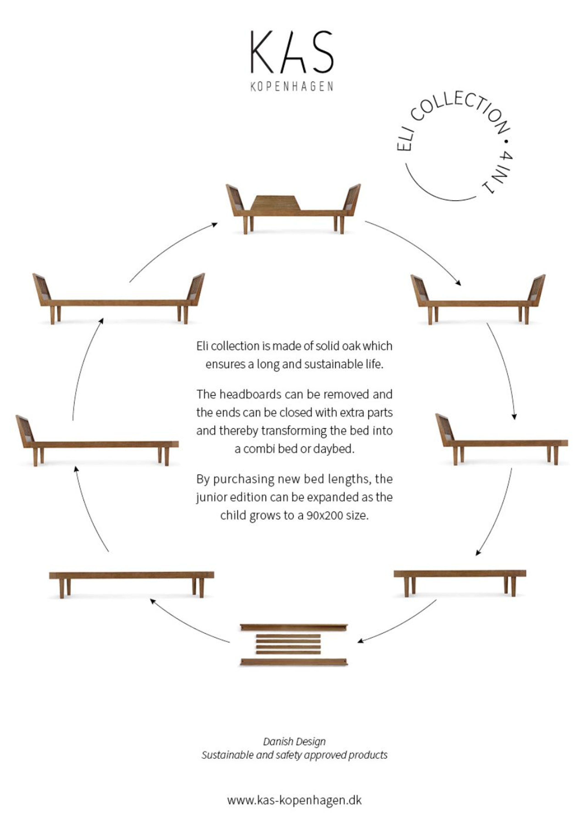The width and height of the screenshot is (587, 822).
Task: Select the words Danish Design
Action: point(294,741)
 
